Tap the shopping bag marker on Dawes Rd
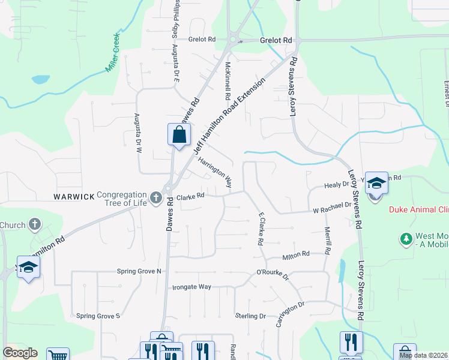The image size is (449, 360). point(179,135)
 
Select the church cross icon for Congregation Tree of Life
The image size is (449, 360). point(156,197)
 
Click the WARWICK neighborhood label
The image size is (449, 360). point(74,197)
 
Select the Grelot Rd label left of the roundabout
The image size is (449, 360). point(202,40)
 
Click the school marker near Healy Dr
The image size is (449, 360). point(376,183)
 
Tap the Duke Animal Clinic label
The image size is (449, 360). point(419,209)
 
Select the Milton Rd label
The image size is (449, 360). point(297,255)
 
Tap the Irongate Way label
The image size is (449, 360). point(192,287)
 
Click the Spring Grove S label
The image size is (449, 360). point(98,316)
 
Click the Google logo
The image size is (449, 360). point(20,353)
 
